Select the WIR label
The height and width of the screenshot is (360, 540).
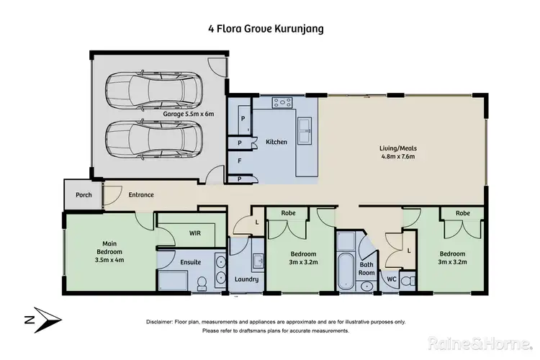[x=194, y=234]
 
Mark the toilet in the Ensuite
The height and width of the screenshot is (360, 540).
[x=203, y=280]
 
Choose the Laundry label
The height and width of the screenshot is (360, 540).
[x=246, y=279]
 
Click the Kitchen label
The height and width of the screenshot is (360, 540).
[x=276, y=142]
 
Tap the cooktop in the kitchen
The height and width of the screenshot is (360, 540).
[x=280, y=104]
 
